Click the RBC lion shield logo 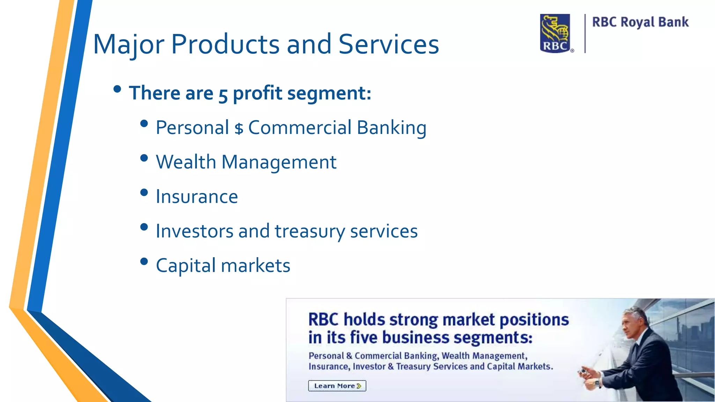[555, 33]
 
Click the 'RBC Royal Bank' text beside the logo [640, 22]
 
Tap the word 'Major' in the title [128, 45]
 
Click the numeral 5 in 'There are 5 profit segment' [223, 95]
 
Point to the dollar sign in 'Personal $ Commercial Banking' [239, 129]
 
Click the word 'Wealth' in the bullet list [186, 162]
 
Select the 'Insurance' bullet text [197, 196]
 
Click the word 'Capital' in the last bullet [185, 266]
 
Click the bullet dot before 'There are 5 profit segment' [117, 89]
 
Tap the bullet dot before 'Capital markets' [144, 261]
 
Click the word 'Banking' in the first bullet [391, 128]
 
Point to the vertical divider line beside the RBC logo [585, 33]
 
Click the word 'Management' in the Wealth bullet [279, 163]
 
